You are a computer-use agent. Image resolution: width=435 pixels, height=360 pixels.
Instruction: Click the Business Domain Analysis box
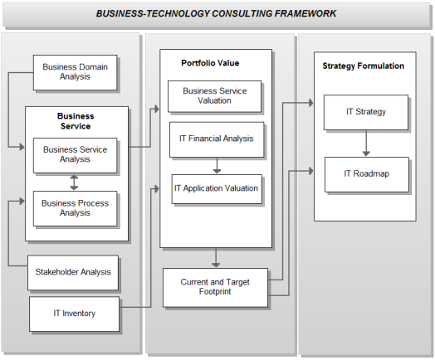[x=75, y=72]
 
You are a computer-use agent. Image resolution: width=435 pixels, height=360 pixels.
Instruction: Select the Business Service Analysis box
[x=75, y=155]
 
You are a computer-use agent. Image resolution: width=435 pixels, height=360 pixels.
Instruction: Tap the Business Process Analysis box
[x=75, y=208]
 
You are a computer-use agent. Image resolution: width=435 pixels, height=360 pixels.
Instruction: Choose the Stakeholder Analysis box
[x=73, y=273]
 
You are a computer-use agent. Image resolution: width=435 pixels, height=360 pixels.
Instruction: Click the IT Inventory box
[x=75, y=314]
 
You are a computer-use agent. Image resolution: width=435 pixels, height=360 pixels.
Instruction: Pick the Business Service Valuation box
[x=214, y=96]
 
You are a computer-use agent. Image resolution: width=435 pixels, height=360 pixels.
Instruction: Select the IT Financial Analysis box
[x=217, y=139]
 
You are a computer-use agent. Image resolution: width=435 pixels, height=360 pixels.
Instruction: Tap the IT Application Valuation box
[x=217, y=189]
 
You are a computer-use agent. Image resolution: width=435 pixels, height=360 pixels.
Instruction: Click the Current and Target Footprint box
[x=215, y=287]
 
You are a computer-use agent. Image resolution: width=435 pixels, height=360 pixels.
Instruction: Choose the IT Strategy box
[x=366, y=112]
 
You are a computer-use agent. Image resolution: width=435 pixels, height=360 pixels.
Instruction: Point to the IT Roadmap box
[x=367, y=174]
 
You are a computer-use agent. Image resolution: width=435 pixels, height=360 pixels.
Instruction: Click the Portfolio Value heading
[x=210, y=63]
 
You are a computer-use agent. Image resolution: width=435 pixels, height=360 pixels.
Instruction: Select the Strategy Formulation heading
[x=363, y=66]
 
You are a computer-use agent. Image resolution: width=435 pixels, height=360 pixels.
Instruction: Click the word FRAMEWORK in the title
[x=305, y=13]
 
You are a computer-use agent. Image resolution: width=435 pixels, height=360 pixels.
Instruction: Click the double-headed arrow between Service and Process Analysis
[x=74, y=182]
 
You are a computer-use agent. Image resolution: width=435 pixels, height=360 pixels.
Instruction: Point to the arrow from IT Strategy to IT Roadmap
[x=366, y=144]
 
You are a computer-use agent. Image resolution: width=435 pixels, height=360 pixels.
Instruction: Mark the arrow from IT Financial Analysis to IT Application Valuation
[x=217, y=166]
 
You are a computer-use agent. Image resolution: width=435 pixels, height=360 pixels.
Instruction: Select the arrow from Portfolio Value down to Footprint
[x=216, y=258]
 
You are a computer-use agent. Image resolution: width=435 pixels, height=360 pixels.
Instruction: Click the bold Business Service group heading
[x=76, y=121]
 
